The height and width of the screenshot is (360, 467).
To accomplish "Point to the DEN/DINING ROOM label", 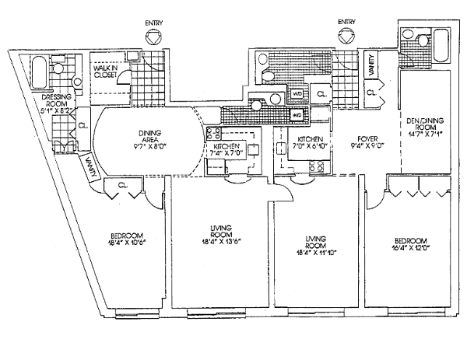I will (423, 126).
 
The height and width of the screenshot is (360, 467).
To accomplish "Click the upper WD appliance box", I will (297, 94).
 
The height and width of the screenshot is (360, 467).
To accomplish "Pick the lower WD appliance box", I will (297, 116).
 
